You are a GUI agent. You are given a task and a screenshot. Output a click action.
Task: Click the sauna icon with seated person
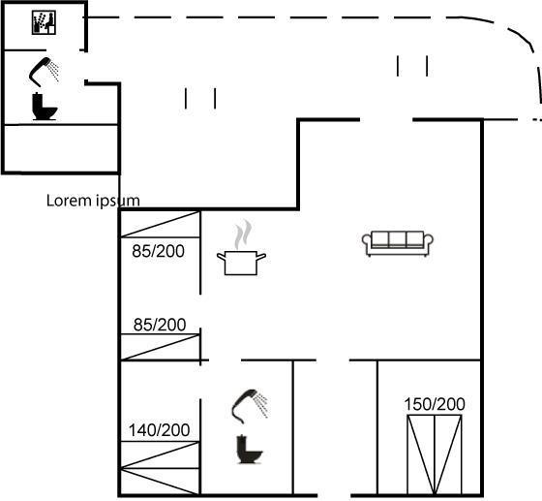44,22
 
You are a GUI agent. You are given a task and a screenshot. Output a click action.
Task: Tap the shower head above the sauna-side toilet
44,72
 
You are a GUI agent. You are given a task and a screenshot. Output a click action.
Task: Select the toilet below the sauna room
45,107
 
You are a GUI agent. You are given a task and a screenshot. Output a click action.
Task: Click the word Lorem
69,201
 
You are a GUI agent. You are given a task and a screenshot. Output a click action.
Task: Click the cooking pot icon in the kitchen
241,263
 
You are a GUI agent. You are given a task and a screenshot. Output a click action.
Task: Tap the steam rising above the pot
243,234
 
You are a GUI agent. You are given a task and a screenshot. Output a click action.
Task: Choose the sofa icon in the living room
398,243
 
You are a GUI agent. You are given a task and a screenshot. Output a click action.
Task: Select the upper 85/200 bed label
159,251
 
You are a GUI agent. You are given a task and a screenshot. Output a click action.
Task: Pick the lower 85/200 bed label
160,325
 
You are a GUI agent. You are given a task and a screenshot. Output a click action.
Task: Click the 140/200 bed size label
159,430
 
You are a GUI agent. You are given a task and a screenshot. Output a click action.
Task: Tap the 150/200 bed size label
435,404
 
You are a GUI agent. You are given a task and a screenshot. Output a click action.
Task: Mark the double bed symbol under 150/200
435,454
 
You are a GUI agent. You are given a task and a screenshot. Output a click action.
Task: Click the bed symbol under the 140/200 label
160,468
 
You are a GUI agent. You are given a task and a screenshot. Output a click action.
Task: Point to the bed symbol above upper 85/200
160,224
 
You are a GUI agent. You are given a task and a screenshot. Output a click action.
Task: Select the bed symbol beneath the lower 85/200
160,347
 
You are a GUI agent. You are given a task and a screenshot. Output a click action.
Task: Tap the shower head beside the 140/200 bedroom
250,406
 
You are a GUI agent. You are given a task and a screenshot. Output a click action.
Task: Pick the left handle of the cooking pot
222,257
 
